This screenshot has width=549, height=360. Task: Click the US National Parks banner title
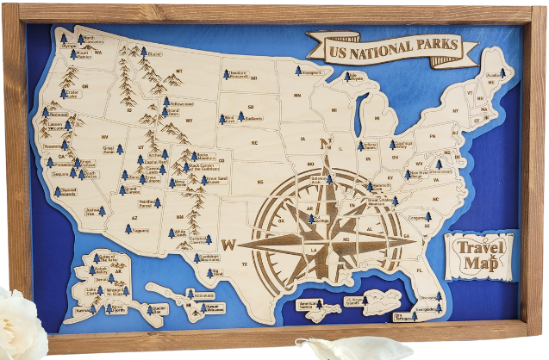tap(379, 50)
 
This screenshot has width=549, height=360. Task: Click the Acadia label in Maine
tap(495, 75)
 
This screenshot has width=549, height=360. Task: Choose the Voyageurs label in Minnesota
tap(310, 73)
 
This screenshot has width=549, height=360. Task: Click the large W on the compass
tap(228, 245)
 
